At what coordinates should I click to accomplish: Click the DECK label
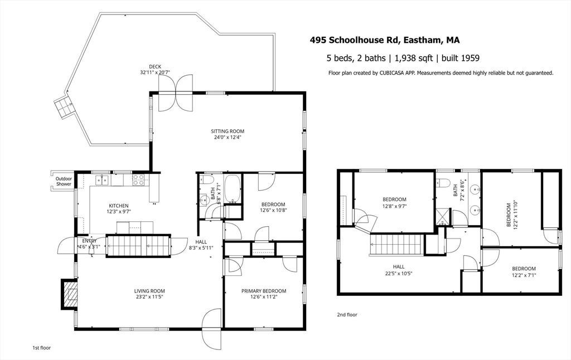pyautogui.click(x=155, y=67)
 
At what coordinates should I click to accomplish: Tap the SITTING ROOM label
pyautogui.click(x=228, y=132)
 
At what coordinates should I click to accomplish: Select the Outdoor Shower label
pyautogui.click(x=64, y=181)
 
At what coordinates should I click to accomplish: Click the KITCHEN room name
pyautogui.click(x=119, y=206)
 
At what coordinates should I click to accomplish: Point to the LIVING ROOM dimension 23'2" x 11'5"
pyautogui.click(x=149, y=296)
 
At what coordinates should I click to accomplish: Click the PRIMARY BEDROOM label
pyautogui.click(x=264, y=291)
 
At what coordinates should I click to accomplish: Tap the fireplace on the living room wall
pyautogui.click(x=69, y=294)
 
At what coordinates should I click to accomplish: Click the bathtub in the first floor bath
pyautogui.click(x=233, y=188)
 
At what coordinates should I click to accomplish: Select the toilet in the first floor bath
pyautogui.click(x=207, y=179)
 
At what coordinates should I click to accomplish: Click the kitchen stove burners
pyautogui.click(x=138, y=180)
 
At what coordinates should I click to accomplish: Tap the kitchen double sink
pyautogui.click(x=101, y=180)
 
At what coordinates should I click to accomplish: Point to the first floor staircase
pyautogui.click(x=138, y=246)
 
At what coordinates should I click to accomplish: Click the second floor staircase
pyautogui.click(x=395, y=245)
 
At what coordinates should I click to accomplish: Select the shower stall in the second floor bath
pyautogui.click(x=443, y=216)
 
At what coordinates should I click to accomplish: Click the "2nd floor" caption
pyautogui.click(x=347, y=314)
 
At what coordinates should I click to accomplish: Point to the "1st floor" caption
pyautogui.click(x=41, y=348)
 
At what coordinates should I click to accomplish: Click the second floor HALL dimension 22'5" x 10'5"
pyautogui.click(x=399, y=274)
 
